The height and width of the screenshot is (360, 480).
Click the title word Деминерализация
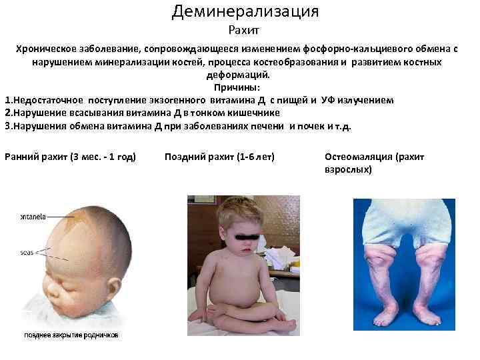tap(245, 11)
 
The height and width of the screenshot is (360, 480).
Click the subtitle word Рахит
tap(243, 30)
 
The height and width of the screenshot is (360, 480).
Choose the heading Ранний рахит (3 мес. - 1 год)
tap(70, 157)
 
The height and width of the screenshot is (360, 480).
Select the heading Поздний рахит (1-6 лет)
tap(219, 157)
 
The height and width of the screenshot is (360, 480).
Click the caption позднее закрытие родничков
tap(71, 335)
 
